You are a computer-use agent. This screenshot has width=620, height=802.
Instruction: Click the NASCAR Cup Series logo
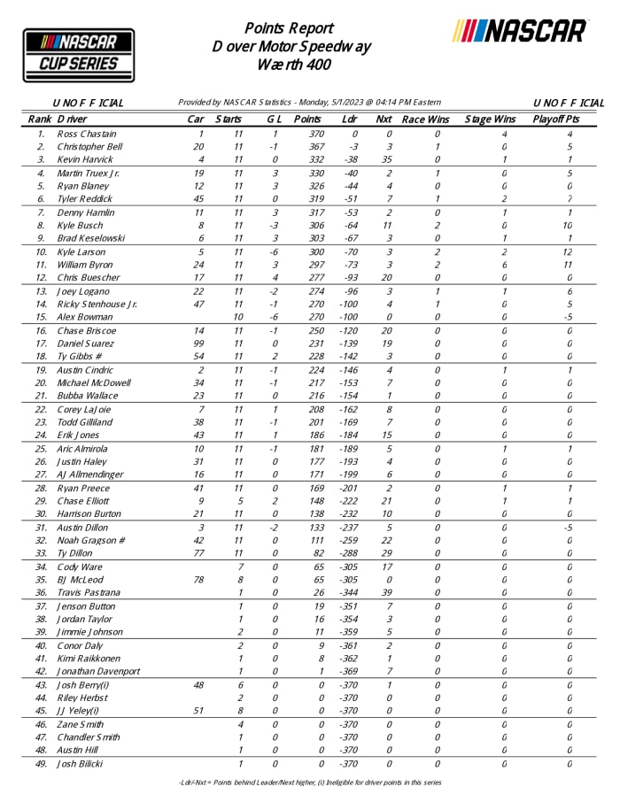[x=78, y=53]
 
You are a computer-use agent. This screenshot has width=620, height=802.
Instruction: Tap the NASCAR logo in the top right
[x=520, y=31]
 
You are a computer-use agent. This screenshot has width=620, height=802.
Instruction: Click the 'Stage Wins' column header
[x=490, y=119]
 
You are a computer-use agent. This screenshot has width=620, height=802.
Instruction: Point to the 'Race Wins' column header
[x=426, y=119]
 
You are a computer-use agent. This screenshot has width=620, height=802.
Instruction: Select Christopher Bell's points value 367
[x=306, y=146]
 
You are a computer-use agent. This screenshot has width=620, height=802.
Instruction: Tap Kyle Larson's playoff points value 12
[x=570, y=252]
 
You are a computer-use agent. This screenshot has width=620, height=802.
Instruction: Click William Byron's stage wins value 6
[x=503, y=265]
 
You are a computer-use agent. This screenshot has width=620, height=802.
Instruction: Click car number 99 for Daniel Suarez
[x=198, y=343]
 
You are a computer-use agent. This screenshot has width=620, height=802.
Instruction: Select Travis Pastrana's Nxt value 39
[x=386, y=592]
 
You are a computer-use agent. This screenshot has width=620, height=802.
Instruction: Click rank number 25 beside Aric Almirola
[x=41, y=450]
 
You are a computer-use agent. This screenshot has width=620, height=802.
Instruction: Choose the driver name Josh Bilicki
[x=81, y=763]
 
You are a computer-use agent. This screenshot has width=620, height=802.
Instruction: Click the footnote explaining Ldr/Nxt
[x=310, y=783]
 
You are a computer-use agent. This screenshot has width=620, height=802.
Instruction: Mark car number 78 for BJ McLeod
[x=198, y=580]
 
